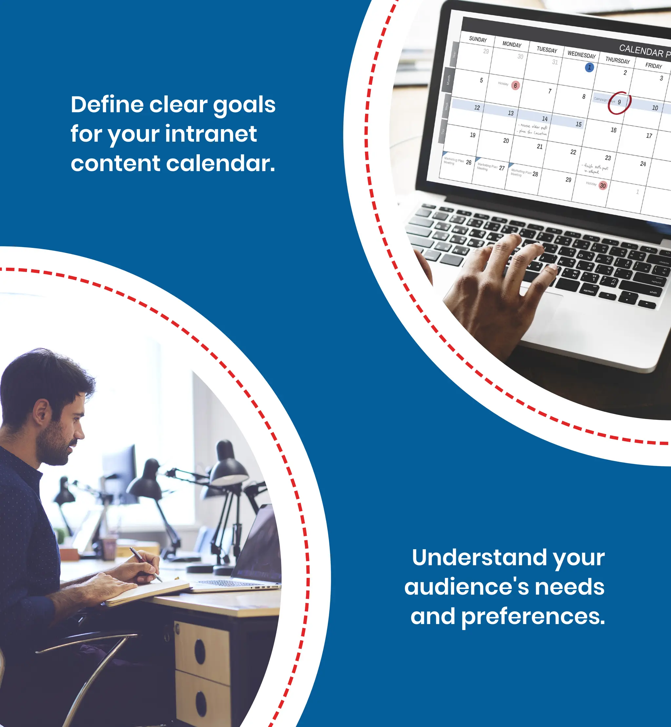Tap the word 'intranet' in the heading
coord(211,134)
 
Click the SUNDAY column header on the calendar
coord(477,39)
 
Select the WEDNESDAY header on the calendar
coord(581,55)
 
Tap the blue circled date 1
coord(589,67)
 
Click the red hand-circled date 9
coord(619,102)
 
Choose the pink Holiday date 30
coord(603,186)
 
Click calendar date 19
coord(472,135)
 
